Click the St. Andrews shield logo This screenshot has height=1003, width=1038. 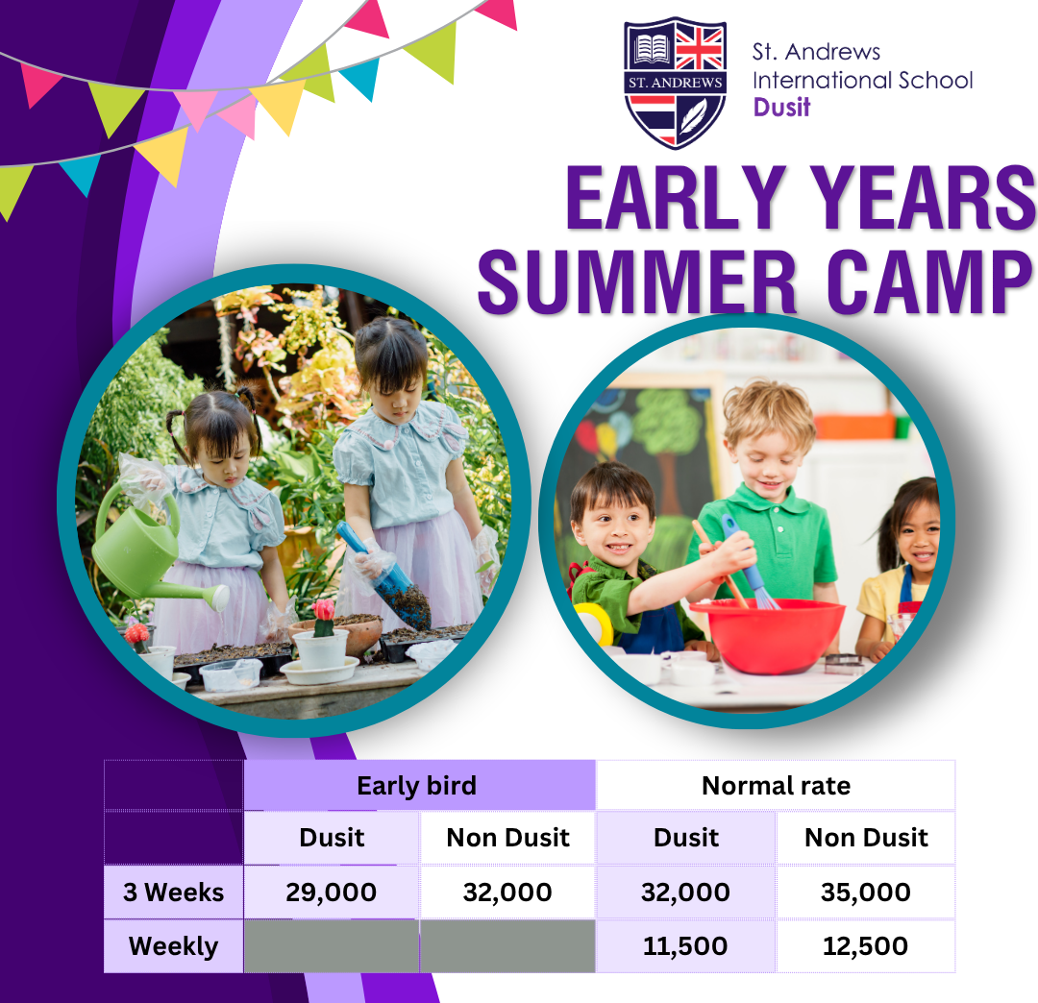point(676,83)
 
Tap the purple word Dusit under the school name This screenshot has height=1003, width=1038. point(781,108)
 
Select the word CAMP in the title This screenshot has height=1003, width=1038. point(929,281)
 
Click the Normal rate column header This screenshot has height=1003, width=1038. point(776,785)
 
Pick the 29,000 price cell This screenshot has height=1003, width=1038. point(331,892)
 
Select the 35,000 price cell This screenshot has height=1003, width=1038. point(865,892)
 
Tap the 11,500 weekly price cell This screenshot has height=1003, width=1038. point(685,946)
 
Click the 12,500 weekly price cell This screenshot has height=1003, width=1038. point(865,946)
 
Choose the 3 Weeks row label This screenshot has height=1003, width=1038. point(173,892)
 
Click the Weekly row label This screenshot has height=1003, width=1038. point(173,946)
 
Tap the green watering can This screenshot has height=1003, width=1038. point(146,552)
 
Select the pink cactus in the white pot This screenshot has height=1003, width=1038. point(324,618)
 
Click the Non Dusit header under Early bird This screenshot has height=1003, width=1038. point(507,838)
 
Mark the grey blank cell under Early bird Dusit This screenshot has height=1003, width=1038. point(331,946)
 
